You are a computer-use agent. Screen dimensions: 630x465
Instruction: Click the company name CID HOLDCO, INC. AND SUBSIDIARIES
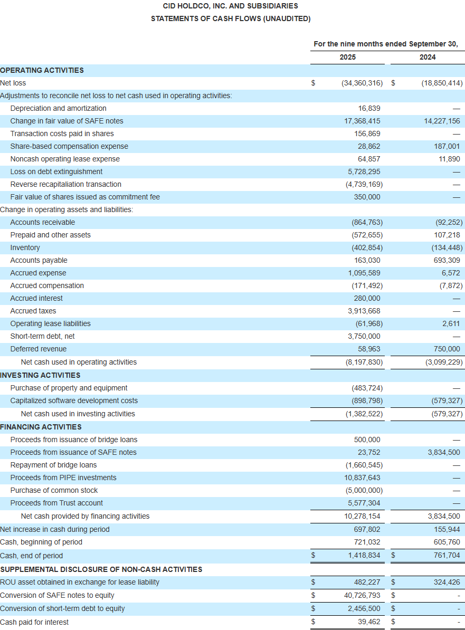tap(230, 6)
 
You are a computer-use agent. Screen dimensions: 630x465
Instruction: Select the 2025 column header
tap(347, 57)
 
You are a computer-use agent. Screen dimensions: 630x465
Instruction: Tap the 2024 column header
tap(428, 57)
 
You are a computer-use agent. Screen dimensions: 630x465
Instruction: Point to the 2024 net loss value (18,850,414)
tap(442, 83)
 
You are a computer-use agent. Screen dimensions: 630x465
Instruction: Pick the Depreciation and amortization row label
tap(58, 108)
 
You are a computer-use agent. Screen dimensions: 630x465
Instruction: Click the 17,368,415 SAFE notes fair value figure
tap(362, 121)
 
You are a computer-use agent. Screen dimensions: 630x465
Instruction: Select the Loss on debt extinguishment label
tap(56, 171)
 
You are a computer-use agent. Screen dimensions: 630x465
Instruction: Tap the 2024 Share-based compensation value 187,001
tap(446, 146)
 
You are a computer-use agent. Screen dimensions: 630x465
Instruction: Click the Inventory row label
tap(25, 247)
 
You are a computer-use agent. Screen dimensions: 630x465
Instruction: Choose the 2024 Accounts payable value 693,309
tap(446, 260)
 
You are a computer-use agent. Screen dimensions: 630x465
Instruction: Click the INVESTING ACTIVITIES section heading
tap(40, 375)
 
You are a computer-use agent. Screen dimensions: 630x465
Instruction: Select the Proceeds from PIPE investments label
tap(63, 478)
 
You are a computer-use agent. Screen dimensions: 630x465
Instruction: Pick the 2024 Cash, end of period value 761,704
tap(446, 555)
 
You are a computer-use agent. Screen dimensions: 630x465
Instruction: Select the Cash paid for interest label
tap(34, 622)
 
